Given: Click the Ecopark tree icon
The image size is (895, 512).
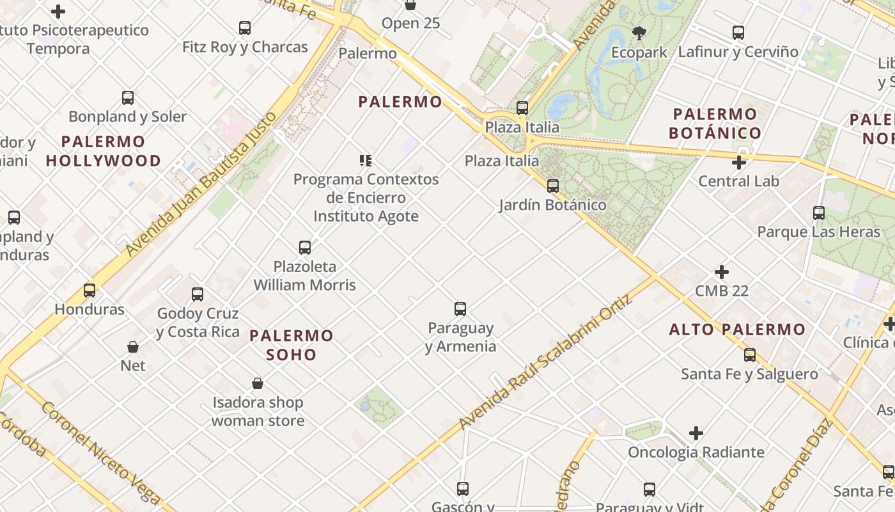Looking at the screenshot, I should tap(639, 33).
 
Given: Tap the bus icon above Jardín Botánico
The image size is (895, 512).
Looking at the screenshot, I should tap(553, 186).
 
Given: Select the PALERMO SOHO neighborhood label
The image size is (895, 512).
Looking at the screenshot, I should tap(292, 345).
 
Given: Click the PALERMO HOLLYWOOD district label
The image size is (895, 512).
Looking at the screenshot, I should tap(104, 151).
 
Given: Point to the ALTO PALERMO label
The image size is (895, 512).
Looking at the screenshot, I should tap(737, 330).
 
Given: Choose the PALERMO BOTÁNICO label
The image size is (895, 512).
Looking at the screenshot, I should tap(715, 124).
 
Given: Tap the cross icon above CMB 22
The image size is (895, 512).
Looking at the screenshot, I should tap(722, 272).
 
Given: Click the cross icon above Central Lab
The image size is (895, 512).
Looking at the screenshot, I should tap(739, 163).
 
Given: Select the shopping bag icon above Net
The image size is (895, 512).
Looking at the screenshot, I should tap(133, 347).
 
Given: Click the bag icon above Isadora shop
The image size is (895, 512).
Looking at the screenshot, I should tap(258, 383).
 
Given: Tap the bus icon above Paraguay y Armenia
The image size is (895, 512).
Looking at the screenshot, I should tap(460, 309).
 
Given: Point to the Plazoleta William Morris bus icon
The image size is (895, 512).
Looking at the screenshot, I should tap(305, 247).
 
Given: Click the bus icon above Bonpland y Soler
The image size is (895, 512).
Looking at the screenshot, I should tap(128, 98).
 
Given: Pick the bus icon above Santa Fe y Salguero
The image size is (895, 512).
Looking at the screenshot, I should tap(750, 355).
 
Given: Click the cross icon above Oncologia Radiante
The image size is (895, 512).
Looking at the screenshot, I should tap(696, 433).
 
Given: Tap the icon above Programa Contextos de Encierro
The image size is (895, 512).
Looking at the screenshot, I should tap(366, 160).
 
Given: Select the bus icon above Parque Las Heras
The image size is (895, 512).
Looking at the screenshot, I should tap(819, 213).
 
